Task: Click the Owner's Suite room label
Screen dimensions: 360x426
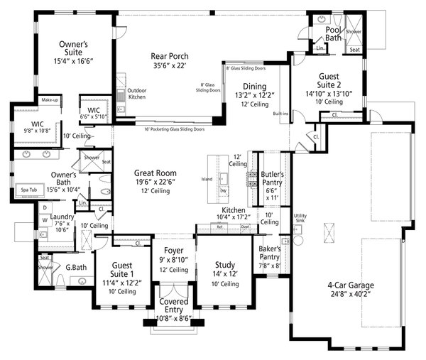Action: [x=73, y=48]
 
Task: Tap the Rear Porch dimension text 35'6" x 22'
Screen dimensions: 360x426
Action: [x=168, y=66]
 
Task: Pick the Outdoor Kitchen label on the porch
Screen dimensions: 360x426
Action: [x=136, y=94]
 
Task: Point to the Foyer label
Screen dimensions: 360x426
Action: [x=173, y=251]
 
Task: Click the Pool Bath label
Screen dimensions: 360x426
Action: [x=334, y=33]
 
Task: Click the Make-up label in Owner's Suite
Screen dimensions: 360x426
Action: [x=49, y=100]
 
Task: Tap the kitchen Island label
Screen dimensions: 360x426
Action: [x=207, y=179]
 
